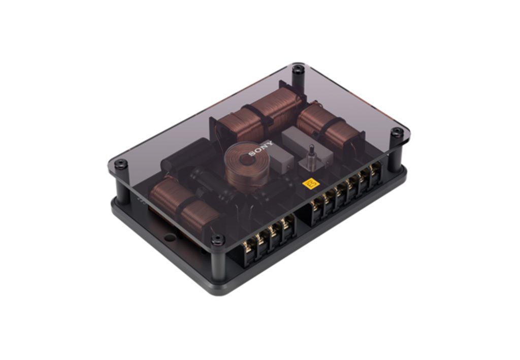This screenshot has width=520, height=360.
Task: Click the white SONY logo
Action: pyautogui.click(x=261, y=148)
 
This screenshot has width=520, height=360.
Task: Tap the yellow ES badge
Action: pyautogui.click(x=311, y=185)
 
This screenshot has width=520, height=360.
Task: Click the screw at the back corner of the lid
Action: pyautogui.click(x=298, y=70)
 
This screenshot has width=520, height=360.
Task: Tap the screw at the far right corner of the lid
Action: pyautogui.click(x=396, y=133)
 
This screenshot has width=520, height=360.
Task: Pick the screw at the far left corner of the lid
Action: pyautogui.click(x=121, y=164)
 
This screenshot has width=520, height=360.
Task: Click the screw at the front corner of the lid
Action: pyautogui.click(x=218, y=239)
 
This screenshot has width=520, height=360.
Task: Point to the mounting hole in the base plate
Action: pyautogui.click(x=170, y=237)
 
